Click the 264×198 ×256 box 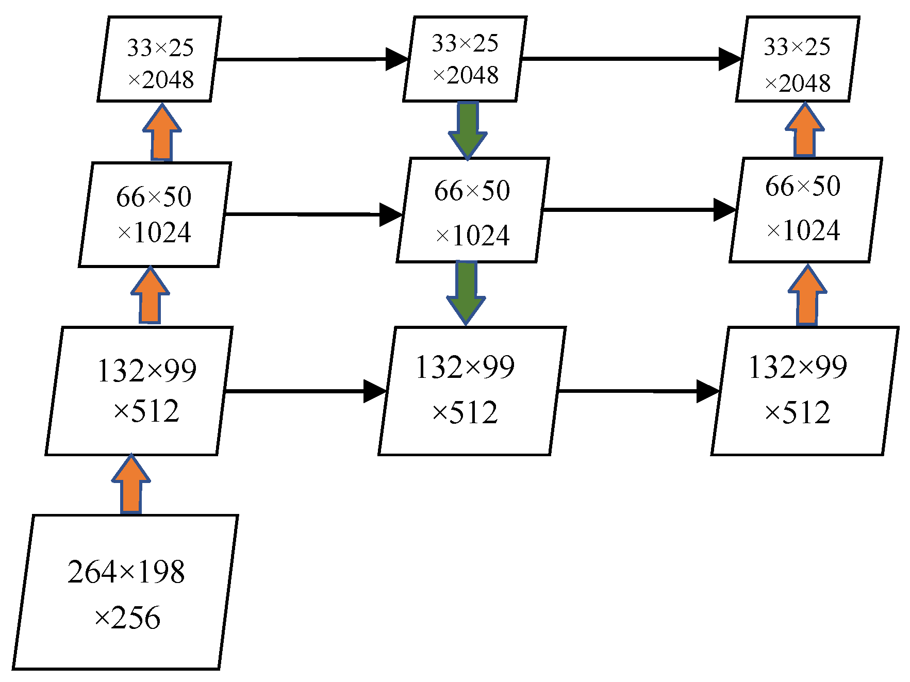pos(125,592)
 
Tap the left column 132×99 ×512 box pos(139,391)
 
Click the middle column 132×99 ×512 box pos(472,391)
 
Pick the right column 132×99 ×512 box pos(804,391)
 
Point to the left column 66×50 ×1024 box pos(155,214)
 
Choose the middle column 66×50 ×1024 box pos(472,210)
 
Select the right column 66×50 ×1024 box pos(805,210)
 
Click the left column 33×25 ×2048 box pos(159,59)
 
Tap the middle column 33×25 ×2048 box pos(465,59)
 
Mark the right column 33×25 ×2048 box pos(797,59)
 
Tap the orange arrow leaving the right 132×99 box pos(807,296)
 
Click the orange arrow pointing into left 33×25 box pos(162,134)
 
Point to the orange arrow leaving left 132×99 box pos(150,296)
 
